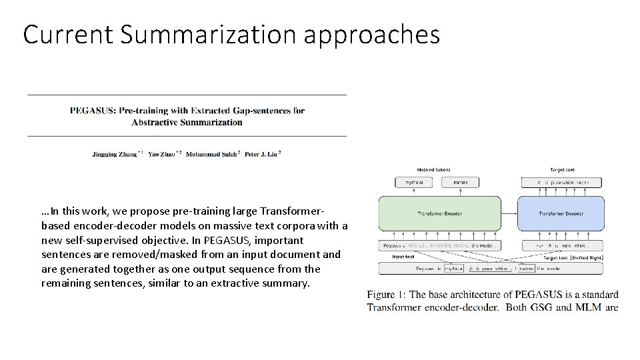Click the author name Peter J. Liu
[x=261, y=153]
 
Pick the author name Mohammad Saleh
[x=211, y=153]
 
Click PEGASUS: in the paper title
[x=93, y=111]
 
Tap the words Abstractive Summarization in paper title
[x=187, y=122]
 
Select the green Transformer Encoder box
[x=439, y=213]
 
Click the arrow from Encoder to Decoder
[x=509, y=213]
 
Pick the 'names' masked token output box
[x=460, y=182]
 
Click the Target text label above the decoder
[x=563, y=170]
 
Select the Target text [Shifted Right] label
[x=573, y=257]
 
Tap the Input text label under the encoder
[x=403, y=257]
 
